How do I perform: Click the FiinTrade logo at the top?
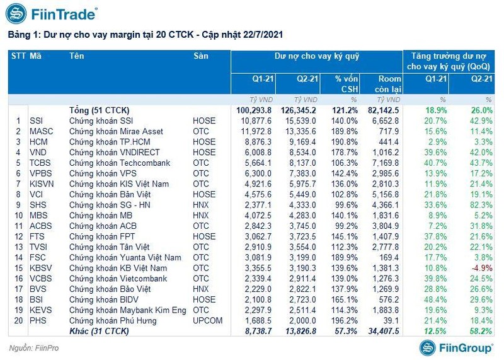click(54, 13)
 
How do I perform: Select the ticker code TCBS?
click(40, 162)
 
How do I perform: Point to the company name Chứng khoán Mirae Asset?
click(116, 131)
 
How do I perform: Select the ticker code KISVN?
click(42, 183)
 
